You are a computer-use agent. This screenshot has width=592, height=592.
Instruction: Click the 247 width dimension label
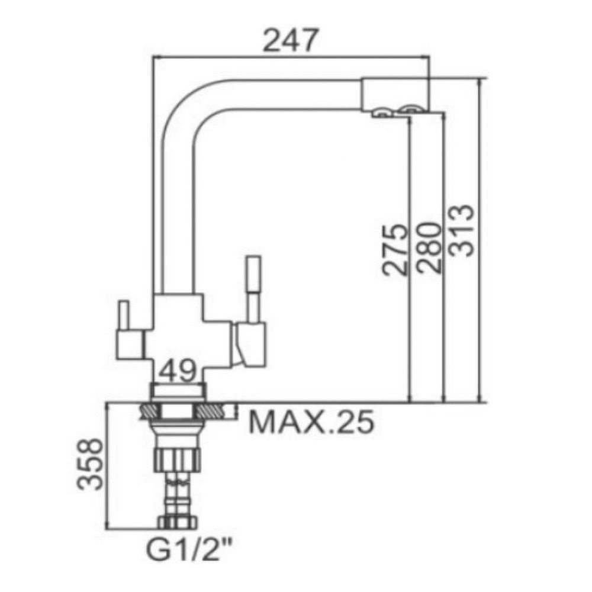click(289, 40)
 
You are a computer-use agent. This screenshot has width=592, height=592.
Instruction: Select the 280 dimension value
click(429, 247)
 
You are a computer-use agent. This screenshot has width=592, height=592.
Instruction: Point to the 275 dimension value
click(395, 250)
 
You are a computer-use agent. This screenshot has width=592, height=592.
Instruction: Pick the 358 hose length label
click(89, 464)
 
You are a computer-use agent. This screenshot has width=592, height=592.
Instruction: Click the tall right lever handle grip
click(253, 274)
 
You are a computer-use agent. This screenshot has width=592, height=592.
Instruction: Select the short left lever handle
click(124, 315)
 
